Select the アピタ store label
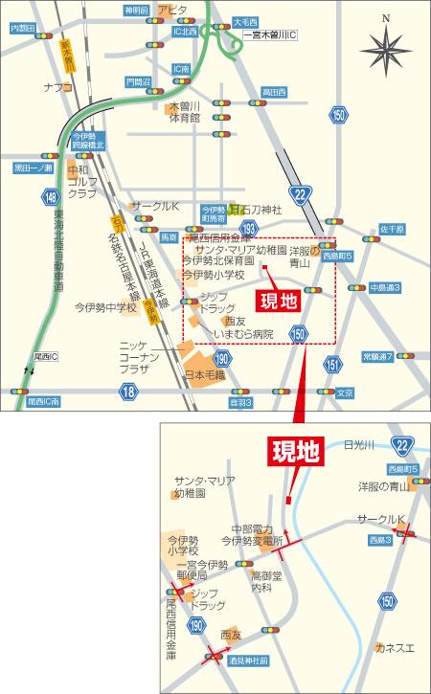[174, 10]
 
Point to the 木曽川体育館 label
[184, 111]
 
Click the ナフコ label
[57, 87]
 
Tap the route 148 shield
[50, 197]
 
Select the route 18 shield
[129, 391]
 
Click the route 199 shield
[249, 228]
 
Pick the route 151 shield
[332, 364]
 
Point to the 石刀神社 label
[257, 210]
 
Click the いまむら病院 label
[242, 334]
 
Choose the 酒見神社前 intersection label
[248, 660]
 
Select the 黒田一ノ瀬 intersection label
[34, 168]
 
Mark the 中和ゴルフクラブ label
[83, 181]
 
